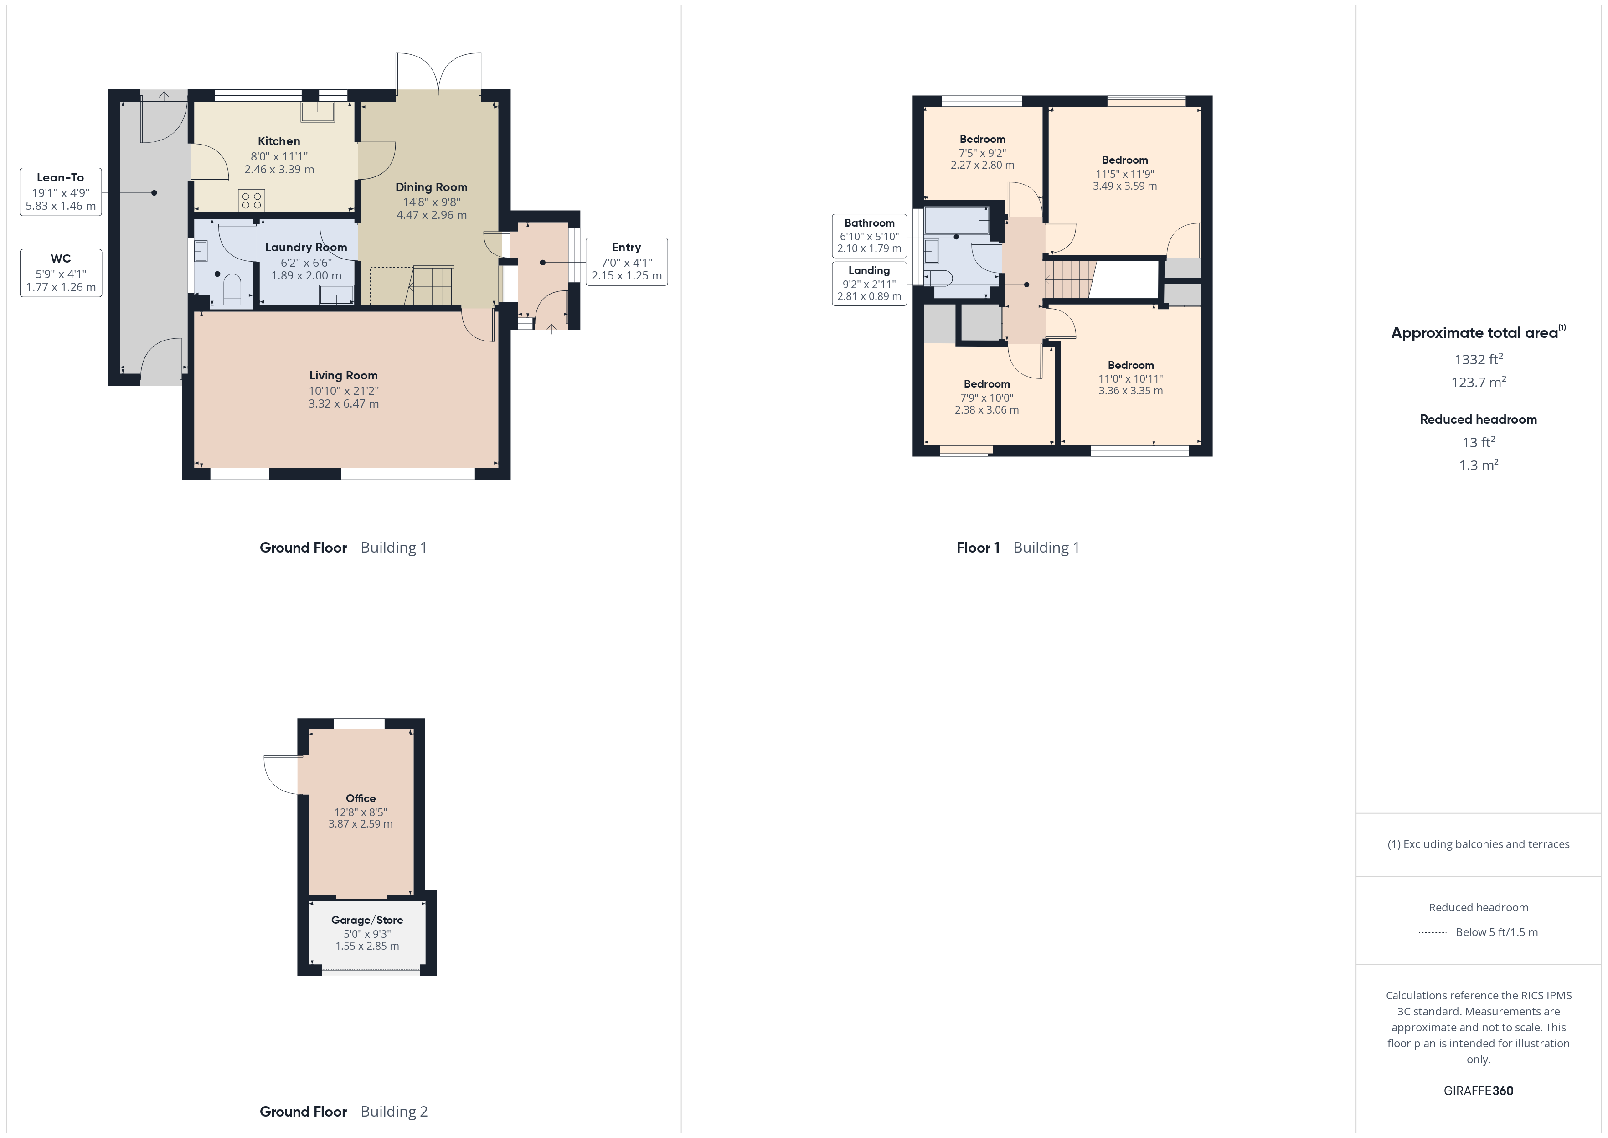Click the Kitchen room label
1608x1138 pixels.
tap(279, 141)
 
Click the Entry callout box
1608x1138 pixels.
tap(626, 261)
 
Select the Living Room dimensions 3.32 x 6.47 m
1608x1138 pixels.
tap(343, 403)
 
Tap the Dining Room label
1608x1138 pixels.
tap(431, 187)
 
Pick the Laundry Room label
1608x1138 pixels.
tap(306, 248)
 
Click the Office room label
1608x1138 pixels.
tap(361, 798)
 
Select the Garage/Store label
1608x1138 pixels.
tap(367, 920)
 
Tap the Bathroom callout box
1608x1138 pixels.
tap(869, 235)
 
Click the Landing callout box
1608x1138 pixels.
tap(869, 283)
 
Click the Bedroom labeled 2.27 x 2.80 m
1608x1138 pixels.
tap(982, 151)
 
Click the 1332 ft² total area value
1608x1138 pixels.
tap(1478, 359)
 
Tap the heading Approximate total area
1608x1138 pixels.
tap(1474, 333)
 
